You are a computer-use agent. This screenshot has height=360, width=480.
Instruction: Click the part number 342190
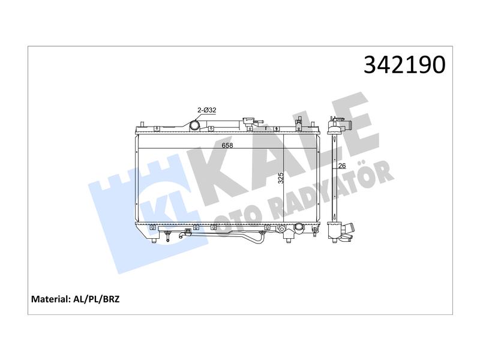(x=404, y=65)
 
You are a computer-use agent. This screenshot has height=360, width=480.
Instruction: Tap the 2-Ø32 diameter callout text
(x=207, y=110)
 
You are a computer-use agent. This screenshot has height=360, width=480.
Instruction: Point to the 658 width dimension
(x=227, y=145)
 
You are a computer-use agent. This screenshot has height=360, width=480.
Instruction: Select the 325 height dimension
(x=281, y=178)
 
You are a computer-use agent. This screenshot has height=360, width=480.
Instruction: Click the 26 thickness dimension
(x=342, y=166)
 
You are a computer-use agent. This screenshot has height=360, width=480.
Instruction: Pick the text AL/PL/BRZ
(x=97, y=299)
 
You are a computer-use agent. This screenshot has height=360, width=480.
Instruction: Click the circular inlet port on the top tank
(x=194, y=125)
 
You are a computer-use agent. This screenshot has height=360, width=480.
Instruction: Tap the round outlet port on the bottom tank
(x=298, y=227)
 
